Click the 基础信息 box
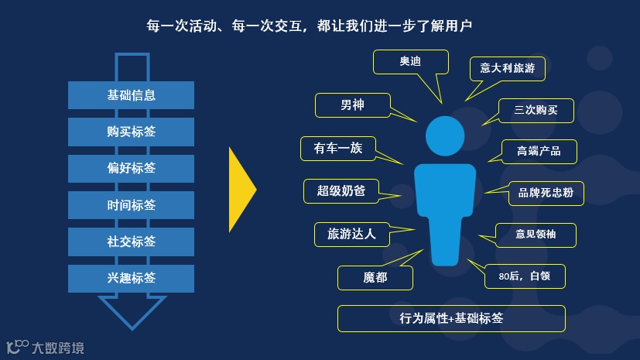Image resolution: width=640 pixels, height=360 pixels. [x=131, y=95]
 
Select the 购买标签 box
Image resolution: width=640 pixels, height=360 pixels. [x=131, y=132]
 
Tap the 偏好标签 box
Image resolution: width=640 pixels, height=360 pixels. [x=131, y=168]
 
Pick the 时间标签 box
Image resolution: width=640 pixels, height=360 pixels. [x=131, y=205]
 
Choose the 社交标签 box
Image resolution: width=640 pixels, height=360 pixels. [x=131, y=242]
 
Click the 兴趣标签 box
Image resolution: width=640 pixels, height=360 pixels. [x=131, y=278]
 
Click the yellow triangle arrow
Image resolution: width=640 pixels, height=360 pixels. [x=241, y=190]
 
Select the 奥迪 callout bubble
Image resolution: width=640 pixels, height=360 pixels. [x=410, y=63]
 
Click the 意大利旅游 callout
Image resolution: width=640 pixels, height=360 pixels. [x=507, y=67]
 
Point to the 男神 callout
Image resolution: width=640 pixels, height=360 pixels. [x=352, y=105]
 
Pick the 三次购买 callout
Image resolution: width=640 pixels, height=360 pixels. [x=536, y=111]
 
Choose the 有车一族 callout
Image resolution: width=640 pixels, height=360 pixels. [x=338, y=149]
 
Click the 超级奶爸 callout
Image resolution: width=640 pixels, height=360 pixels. [x=341, y=190]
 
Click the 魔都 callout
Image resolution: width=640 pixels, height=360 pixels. [x=375, y=277]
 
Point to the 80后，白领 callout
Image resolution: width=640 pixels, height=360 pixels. [x=525, y=276]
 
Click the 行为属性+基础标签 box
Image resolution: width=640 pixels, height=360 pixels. [x=451, y=318]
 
